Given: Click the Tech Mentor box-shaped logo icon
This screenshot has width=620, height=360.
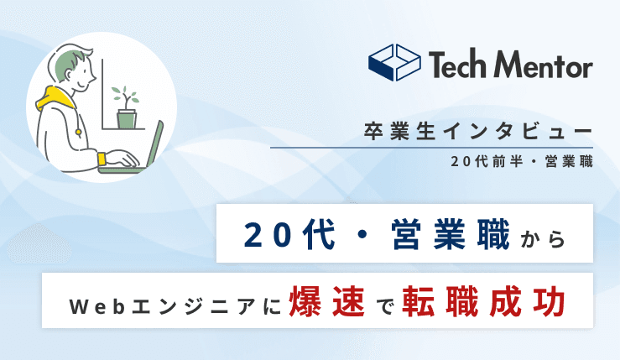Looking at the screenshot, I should click(394, 63).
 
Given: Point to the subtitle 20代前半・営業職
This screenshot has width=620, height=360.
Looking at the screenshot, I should click(521, 161).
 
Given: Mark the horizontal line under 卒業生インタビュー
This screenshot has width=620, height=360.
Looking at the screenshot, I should click(431, 149).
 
